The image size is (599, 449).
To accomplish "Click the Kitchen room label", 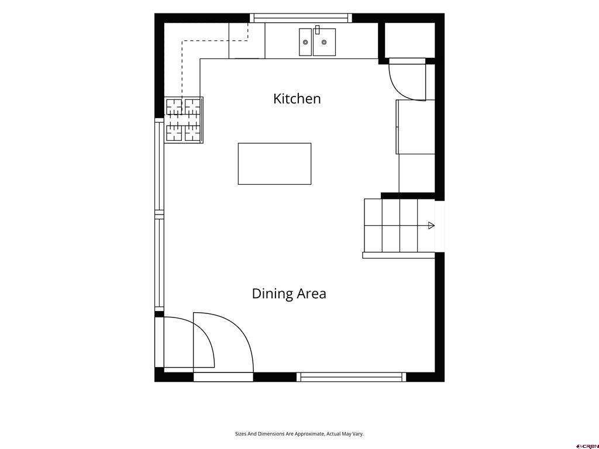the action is (297, 98).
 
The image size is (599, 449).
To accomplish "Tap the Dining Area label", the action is (289, 293).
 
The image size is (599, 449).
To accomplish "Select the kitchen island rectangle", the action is (275, 164).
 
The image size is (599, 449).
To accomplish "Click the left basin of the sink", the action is (305, 42).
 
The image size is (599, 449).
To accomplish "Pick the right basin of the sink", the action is (324, 42).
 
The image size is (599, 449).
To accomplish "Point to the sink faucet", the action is (317, 30).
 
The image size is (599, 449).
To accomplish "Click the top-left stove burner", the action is (174, 106).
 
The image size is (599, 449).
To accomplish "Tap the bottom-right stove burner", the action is (192, 133).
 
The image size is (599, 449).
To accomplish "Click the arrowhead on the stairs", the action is (431, 225).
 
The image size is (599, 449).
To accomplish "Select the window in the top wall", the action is (301, 18).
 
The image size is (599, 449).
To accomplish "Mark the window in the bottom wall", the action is (352, 377).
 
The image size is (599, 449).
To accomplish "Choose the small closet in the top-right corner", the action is (409, 40).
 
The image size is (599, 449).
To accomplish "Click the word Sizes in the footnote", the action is (240, 434).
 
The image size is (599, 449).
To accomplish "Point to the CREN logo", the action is (587, 446).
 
